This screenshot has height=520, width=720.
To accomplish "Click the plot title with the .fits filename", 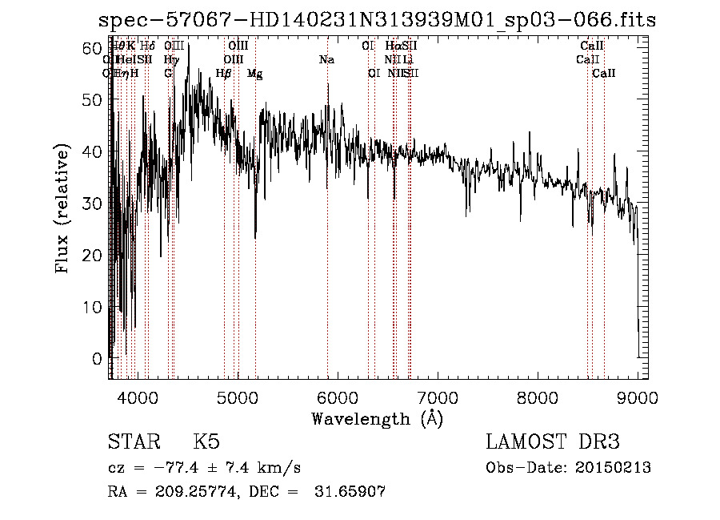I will [x=377, y=20].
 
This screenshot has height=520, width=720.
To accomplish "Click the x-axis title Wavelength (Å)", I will [x=377, y=417].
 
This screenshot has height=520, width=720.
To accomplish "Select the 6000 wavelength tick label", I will [x=337, y=397].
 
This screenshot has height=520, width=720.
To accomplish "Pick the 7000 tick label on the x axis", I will [x=437, y=397].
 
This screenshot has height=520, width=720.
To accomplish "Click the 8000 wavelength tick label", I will [x=537, y=397].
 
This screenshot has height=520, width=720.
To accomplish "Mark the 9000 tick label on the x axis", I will [x=637, y=397].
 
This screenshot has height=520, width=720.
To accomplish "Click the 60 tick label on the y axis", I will [x=94, y=48].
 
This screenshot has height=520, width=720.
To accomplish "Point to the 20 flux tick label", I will [x=94, y=255].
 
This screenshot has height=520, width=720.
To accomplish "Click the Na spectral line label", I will [x=326, y=60].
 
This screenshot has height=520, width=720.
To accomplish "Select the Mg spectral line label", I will [x=255, y=74].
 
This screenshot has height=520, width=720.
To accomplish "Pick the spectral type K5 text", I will [x=206, y=442].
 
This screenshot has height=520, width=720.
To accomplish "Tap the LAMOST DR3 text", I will [x=553, y=442].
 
